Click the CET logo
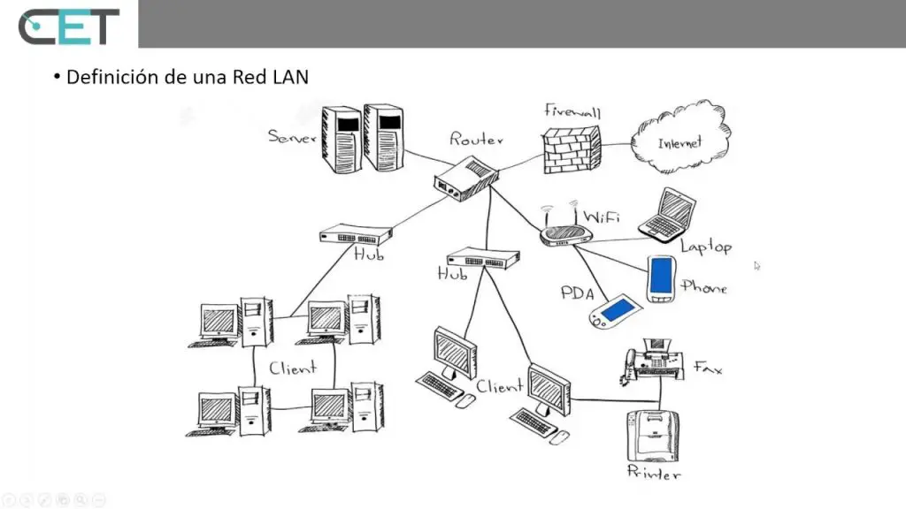(68, 27)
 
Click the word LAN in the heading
(289, 77)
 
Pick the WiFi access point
(564, 232)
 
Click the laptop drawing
(668, 215)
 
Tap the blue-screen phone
(662, 278)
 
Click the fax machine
(656, 362)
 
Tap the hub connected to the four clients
(356, 236)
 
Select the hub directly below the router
(483, 258)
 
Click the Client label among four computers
(292, 368)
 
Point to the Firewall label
(572, 112)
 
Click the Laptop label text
(706, 247)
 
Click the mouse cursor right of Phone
(757, 265)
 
